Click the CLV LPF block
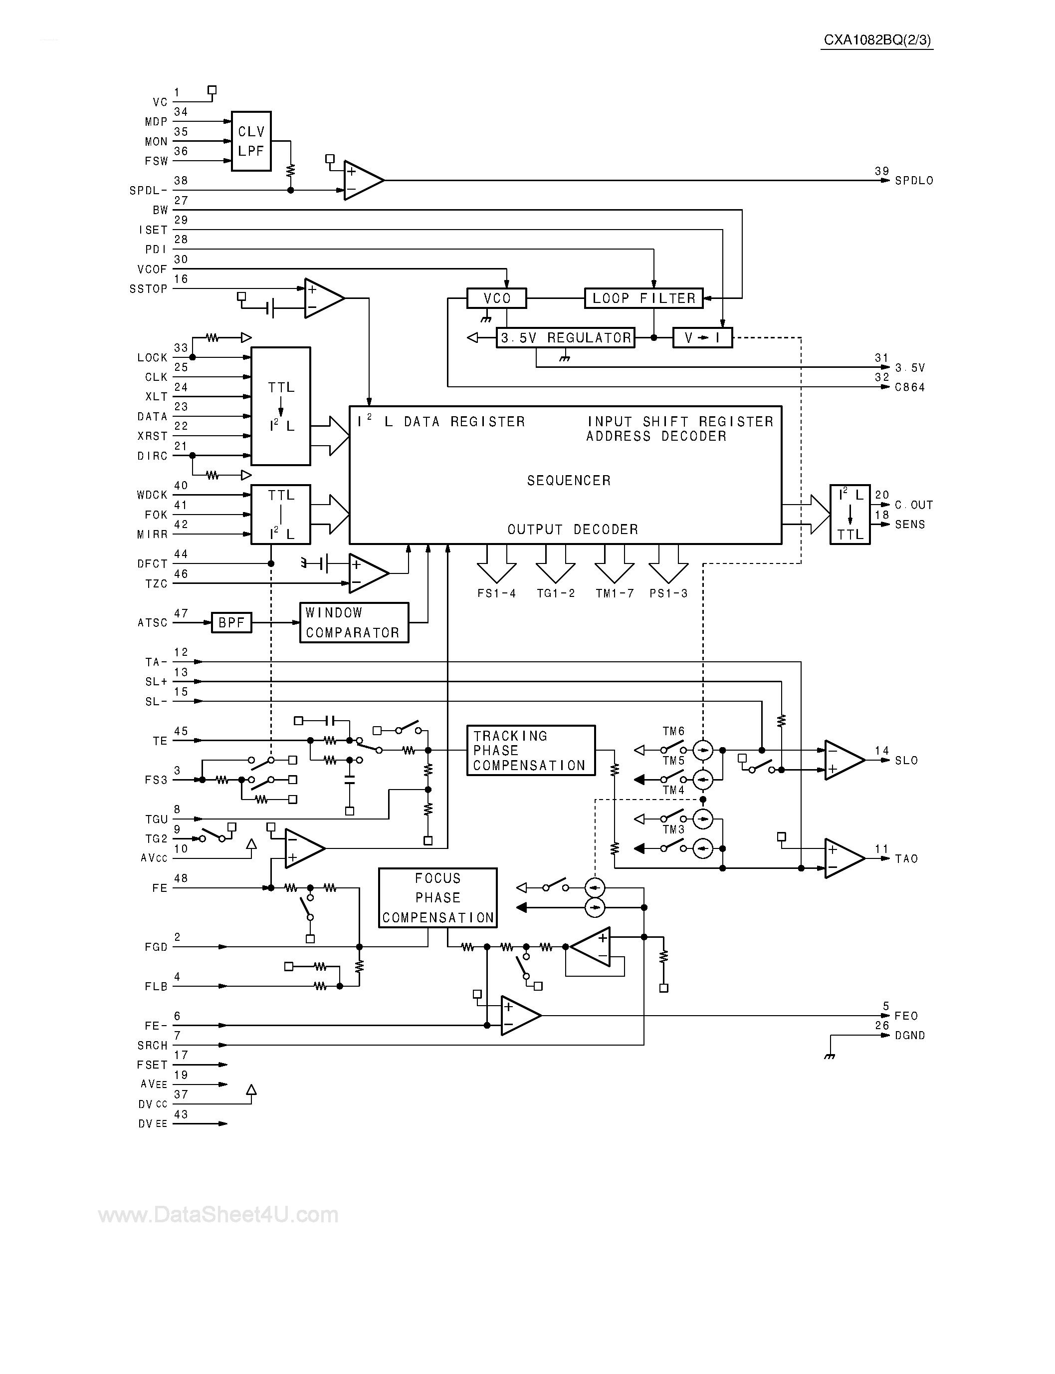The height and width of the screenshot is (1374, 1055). point(251,141)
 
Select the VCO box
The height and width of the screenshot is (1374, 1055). point(496,298)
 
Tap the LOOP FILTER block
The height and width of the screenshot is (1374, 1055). point(643,298)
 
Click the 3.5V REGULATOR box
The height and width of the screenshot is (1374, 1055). point(565,338)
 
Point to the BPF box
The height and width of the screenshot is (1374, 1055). point(231,622)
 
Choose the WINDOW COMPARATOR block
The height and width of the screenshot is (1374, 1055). point(354,622)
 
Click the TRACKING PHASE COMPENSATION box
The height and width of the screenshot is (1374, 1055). point(531,751)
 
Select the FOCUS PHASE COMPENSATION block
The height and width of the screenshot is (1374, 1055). point(437,898)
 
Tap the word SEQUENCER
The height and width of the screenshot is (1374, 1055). point(568,481)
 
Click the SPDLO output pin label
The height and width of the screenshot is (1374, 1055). point(914,181)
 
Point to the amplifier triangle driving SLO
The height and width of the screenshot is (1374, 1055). point(844,760)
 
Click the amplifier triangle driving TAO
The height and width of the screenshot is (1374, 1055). point(844,858)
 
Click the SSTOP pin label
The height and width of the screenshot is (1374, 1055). point(148,289)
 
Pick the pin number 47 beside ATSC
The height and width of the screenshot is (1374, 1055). point(181,613)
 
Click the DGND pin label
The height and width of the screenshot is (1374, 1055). point(910,1036)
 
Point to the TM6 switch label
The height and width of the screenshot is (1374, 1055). point(673,731)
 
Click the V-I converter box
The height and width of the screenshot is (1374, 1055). point(702,338)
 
